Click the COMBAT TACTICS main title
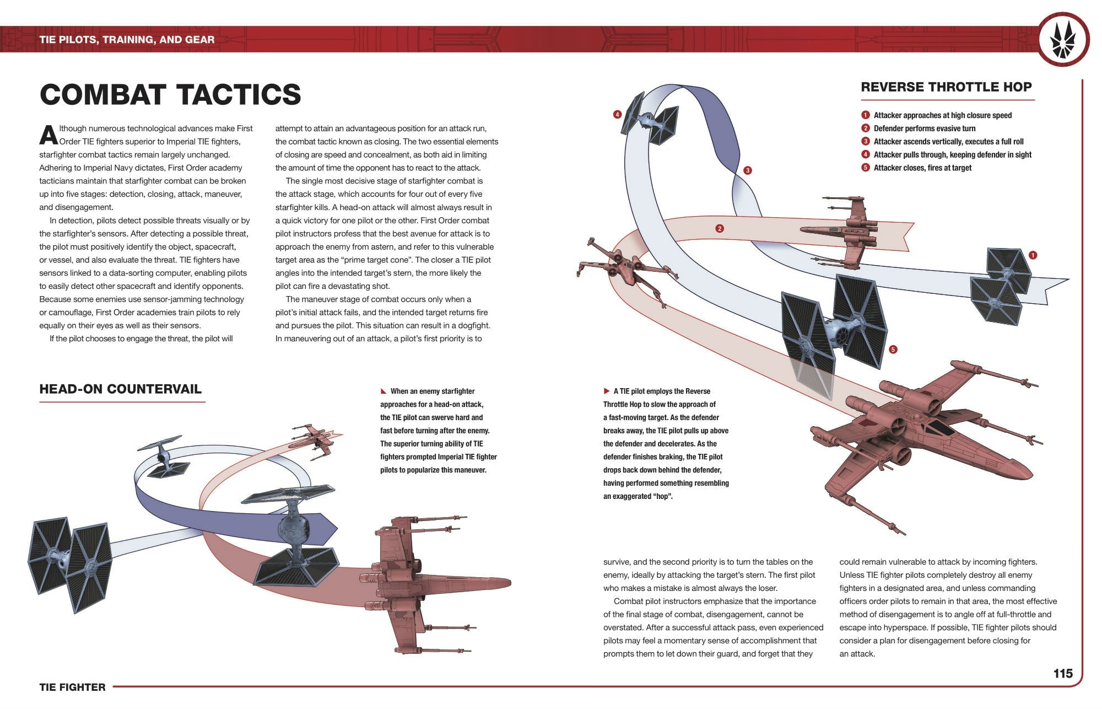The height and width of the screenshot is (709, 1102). [x=170, y=95]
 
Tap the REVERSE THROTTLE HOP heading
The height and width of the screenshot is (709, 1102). [x=946, y=87]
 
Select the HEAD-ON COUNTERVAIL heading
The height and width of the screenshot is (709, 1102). [x=120, y=389]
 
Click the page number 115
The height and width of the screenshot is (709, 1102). [x=1063, y=673]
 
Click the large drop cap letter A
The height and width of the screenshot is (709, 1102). [x=48, y=135]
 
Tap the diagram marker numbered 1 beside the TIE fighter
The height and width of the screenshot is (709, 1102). [x=1033, y=255]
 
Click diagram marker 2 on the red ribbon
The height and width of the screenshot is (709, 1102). [x=719, y=228]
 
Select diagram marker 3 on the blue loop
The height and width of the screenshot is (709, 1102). [x=747, y=170]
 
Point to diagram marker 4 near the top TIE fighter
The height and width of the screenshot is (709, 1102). [x=617, y=115]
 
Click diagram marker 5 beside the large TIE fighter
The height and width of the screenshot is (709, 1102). [x=893, y=350]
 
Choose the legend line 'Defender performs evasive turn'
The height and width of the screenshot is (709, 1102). [x=924, y=128]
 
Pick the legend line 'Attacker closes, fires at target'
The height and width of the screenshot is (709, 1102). [x=922, y=168]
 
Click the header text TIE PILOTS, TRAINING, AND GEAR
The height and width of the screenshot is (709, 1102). [x=127, y=40]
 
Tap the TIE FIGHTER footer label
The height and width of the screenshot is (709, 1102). [x=72, y=687]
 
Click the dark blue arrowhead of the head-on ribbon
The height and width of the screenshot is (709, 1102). [x=325, y=528]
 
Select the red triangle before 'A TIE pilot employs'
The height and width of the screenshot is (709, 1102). [x=607, y=391]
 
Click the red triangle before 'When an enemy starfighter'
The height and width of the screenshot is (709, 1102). [x=383, y=391]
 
